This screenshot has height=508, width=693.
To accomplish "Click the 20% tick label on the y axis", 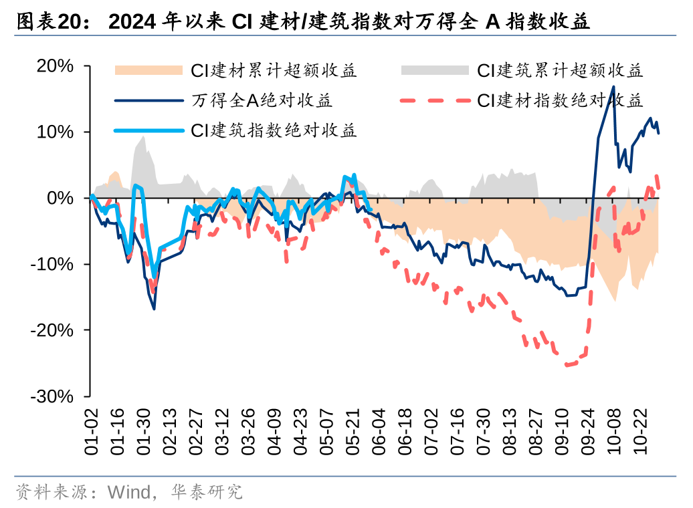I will tap(56, 66).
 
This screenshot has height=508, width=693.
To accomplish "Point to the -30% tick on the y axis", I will tap(52, 396).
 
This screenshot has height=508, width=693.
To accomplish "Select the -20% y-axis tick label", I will tap(52, 330).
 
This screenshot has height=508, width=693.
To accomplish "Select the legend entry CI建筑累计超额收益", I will tap(560, 71).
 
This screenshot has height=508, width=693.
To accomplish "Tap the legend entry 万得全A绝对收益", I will tap(262, 101).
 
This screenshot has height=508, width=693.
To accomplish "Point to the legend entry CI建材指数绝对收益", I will tap(560, 101).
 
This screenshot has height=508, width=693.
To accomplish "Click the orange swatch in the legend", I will tap(148, 70).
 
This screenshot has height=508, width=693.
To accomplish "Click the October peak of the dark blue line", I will tap(613, 87).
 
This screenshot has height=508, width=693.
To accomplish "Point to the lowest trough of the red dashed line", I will tap(567, 365).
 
